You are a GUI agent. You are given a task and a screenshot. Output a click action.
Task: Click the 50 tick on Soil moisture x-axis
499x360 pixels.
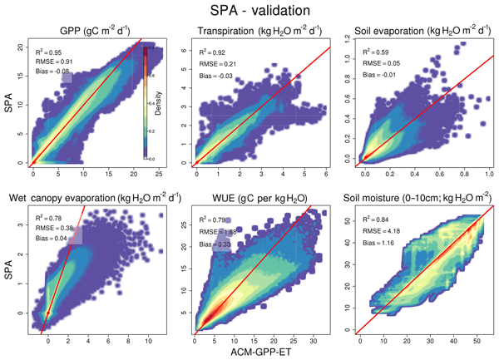(x=475, y=341)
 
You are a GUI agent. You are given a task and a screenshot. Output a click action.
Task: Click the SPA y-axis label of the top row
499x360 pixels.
(x=11, y=105)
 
